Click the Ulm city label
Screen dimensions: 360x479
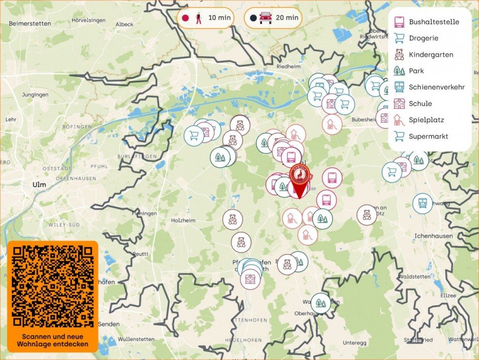tap(40, 184)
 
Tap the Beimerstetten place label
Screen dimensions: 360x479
tap(30, 24)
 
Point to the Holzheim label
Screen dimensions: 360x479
tap(183, 220)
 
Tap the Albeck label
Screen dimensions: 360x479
tap(124, 24)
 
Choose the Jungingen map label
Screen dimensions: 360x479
tap(35, 95)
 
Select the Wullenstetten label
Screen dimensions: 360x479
tap(137, 339)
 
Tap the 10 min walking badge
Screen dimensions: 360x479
tap(205, 18)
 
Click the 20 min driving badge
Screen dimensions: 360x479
tap(273, 18)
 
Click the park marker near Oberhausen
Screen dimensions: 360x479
tap(320, 302)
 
